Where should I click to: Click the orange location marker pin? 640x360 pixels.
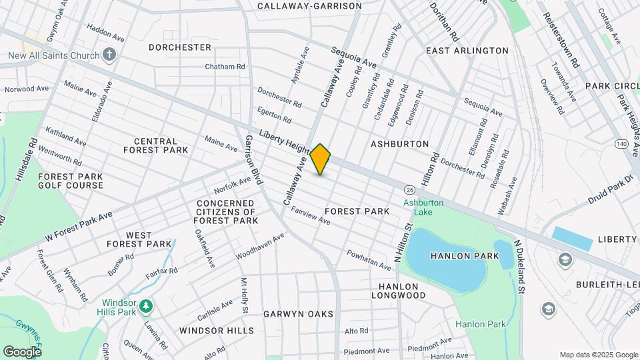[x=321, y=159]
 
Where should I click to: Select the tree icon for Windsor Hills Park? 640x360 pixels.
[x=146, y=307]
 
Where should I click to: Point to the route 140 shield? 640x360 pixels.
[x=621, y=144]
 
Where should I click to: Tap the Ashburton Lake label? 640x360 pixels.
[x=422, y=207]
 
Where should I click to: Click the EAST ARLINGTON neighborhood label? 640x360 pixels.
[x=467, y=51]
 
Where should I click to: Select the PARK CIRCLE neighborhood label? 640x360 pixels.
[x=612, y=86]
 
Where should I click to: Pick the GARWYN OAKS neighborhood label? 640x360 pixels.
[x=297, y=313]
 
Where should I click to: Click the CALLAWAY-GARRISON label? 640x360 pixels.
[x=309, y=6]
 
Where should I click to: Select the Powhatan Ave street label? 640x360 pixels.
[x=368, y=260]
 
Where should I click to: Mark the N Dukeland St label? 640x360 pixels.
[x=519, y=267]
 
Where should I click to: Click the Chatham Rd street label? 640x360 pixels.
[x=225, y=67]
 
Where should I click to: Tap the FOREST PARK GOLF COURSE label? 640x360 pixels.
[x=70, y=181]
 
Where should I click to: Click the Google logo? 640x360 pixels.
[x=22, y=351]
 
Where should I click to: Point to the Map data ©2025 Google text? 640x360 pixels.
[x=598, y=355]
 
